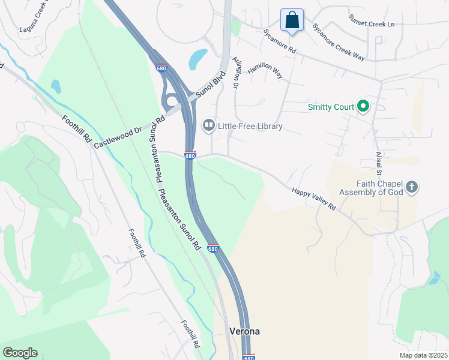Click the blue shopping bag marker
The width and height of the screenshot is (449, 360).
coord(292,20)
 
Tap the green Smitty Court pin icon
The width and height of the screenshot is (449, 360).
coord(363,107)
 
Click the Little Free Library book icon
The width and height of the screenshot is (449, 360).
coord(208,125)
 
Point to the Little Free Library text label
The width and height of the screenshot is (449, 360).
coord(250,127)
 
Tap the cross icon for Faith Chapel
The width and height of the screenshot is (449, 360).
coord(411,187)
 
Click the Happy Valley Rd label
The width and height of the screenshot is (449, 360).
coord(313,198)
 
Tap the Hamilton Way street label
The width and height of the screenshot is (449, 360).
coord(265,72)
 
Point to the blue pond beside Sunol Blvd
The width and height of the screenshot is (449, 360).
coord(197,59)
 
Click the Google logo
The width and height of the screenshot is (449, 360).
coord(20,353)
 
